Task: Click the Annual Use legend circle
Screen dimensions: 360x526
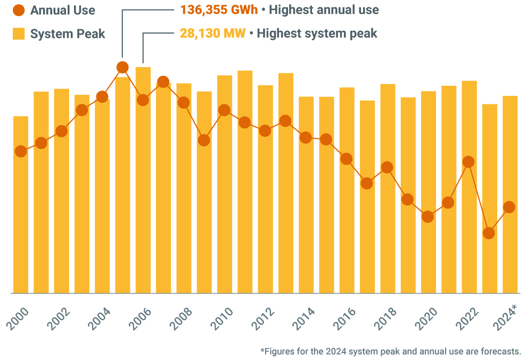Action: pos(19,10)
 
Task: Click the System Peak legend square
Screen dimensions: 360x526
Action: pos(19,34)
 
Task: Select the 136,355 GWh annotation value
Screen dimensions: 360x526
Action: pos(219,10)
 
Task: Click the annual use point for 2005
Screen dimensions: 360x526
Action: pos(122,68)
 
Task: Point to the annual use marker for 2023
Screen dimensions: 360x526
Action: pos(489,233)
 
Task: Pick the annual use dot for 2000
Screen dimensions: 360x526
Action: pos(21,151)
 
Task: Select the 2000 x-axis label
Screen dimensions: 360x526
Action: pos(19,318)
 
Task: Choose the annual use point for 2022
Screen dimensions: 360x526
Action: pos(469,162)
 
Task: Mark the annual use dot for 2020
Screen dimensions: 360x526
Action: pos(428,217)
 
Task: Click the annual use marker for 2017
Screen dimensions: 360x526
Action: pos(367,183)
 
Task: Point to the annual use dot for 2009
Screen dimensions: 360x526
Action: pos(204,140)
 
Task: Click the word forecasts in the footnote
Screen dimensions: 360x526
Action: pos(500,351)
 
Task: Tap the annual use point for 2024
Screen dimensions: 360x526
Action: pos(509,207)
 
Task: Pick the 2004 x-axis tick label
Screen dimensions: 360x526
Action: pos(100,318)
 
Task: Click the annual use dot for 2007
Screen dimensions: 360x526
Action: pos(163,81)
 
